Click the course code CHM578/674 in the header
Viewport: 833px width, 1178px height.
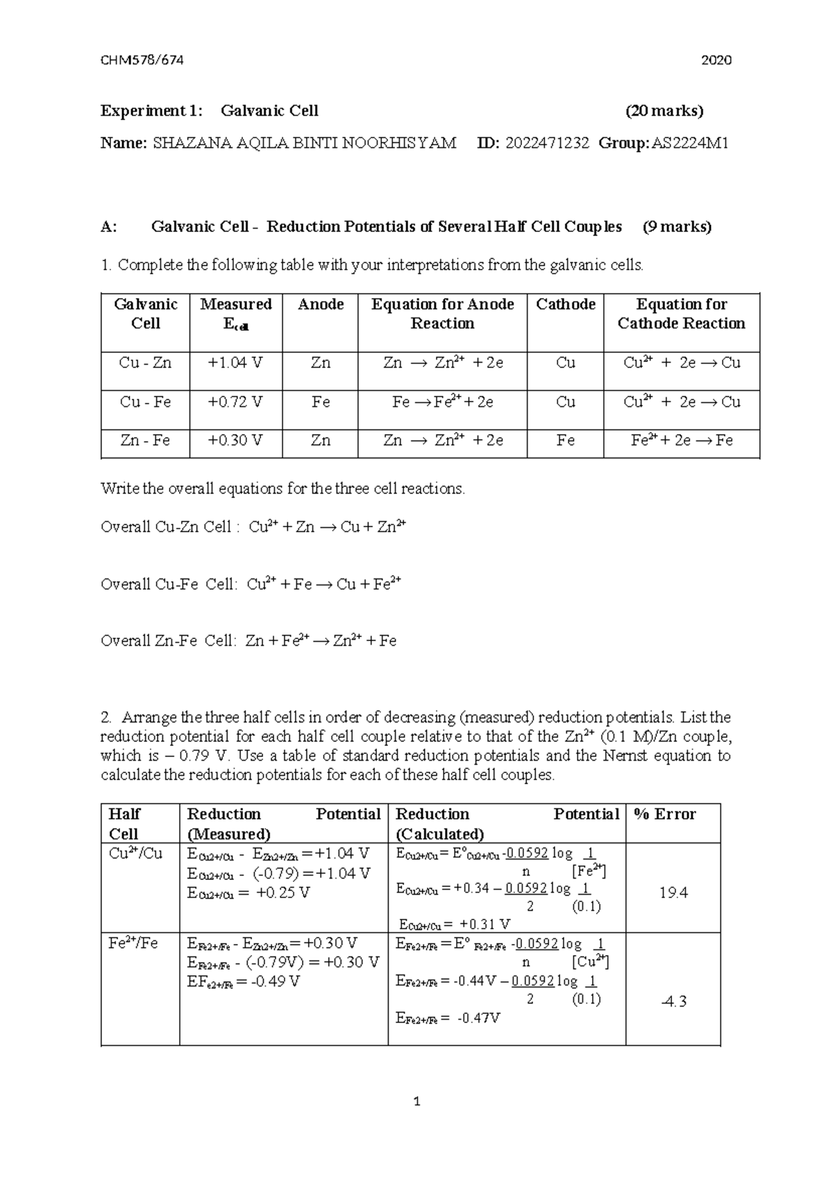[142, 60]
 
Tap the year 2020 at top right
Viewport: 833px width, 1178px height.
[716, 60]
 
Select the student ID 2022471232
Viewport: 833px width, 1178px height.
[547, 143]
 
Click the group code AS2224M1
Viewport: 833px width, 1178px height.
[690, 143]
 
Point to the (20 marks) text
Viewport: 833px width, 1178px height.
[664, 110]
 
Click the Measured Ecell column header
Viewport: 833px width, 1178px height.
[235, 314]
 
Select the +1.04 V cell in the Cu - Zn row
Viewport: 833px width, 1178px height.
[235, 363]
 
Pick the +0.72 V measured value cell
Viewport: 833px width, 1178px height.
[235, 402]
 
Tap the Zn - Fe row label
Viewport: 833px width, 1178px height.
[145, 440]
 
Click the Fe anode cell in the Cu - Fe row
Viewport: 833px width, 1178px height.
[320, 402]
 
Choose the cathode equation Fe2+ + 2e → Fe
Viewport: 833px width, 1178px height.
[681, 440]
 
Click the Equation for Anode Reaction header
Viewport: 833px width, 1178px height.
[442, 314]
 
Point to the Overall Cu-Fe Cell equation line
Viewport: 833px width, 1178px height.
[251, 584]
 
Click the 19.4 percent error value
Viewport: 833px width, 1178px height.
[673, 893]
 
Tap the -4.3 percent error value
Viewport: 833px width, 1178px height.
[673, 1001]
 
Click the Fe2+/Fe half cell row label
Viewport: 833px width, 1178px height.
[133, 943]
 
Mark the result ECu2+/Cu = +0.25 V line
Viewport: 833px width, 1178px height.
[248, 893]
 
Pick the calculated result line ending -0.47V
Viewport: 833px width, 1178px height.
[448, 1018]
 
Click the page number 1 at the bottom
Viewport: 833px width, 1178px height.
[416, 1101]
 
